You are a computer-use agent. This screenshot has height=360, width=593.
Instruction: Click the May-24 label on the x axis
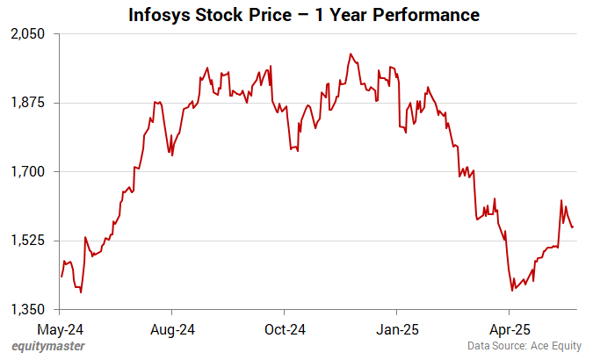coord(61,330)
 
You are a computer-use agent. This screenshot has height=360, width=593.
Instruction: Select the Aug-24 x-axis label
coord(172,330)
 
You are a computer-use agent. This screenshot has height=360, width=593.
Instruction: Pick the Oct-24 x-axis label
coord(285,330)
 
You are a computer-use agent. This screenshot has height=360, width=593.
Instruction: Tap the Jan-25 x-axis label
coord(397,330)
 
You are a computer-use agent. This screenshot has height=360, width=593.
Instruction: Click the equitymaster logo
coord(48,347)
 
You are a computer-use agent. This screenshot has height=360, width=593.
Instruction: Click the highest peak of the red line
coord(350,54)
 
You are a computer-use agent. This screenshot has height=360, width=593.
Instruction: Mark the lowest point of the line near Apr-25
coord(512,290)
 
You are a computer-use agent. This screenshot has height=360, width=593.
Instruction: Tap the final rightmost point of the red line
coord(573,227)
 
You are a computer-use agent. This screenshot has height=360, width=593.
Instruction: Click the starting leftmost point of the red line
coord(61,277)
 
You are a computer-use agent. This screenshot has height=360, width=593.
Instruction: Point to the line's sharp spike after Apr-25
coord(561,200)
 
